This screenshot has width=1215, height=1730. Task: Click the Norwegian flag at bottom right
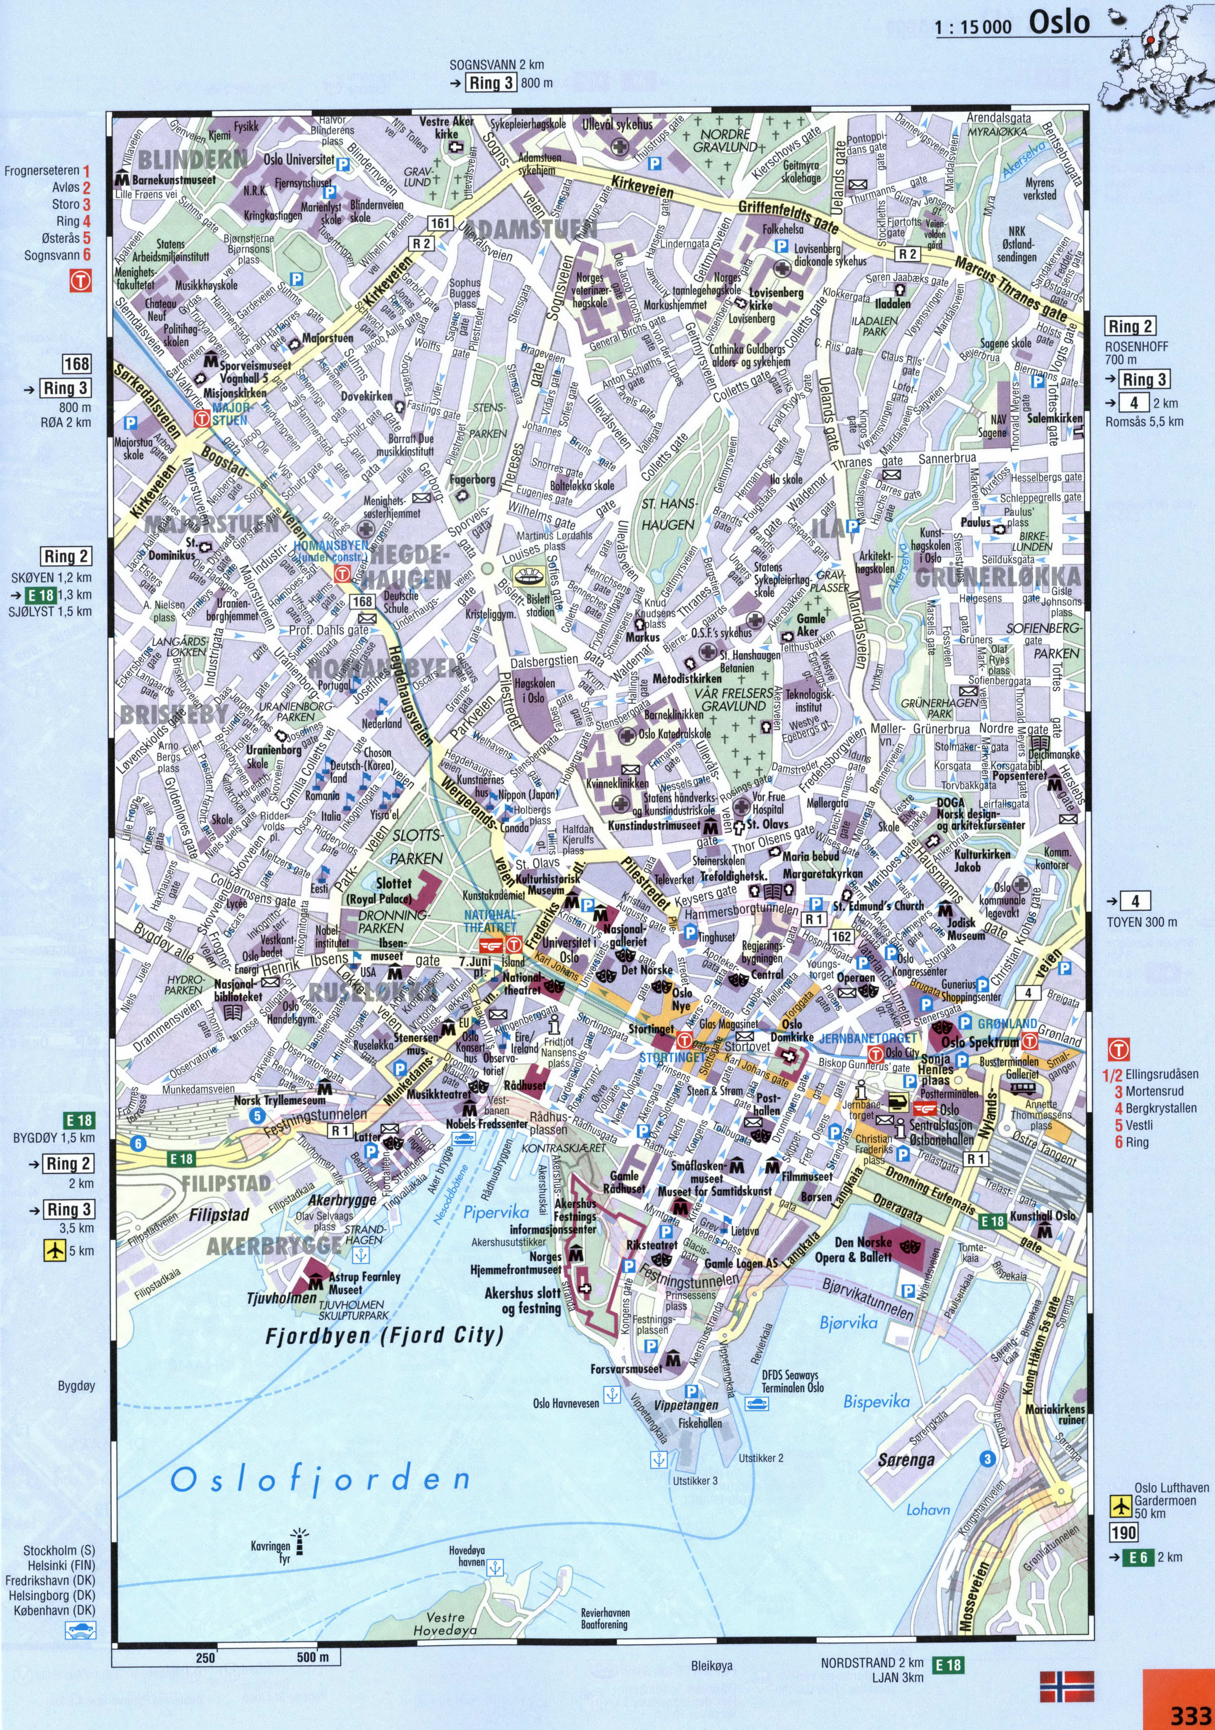[x=1066, y=1686]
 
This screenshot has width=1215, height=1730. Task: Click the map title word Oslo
[x=1059, y=23]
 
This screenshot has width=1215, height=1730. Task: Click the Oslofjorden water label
[x=320, y=1480]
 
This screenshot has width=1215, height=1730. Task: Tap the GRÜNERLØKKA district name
[x=997, y=578]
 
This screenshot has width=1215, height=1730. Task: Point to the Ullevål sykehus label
[x=617, y=124]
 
